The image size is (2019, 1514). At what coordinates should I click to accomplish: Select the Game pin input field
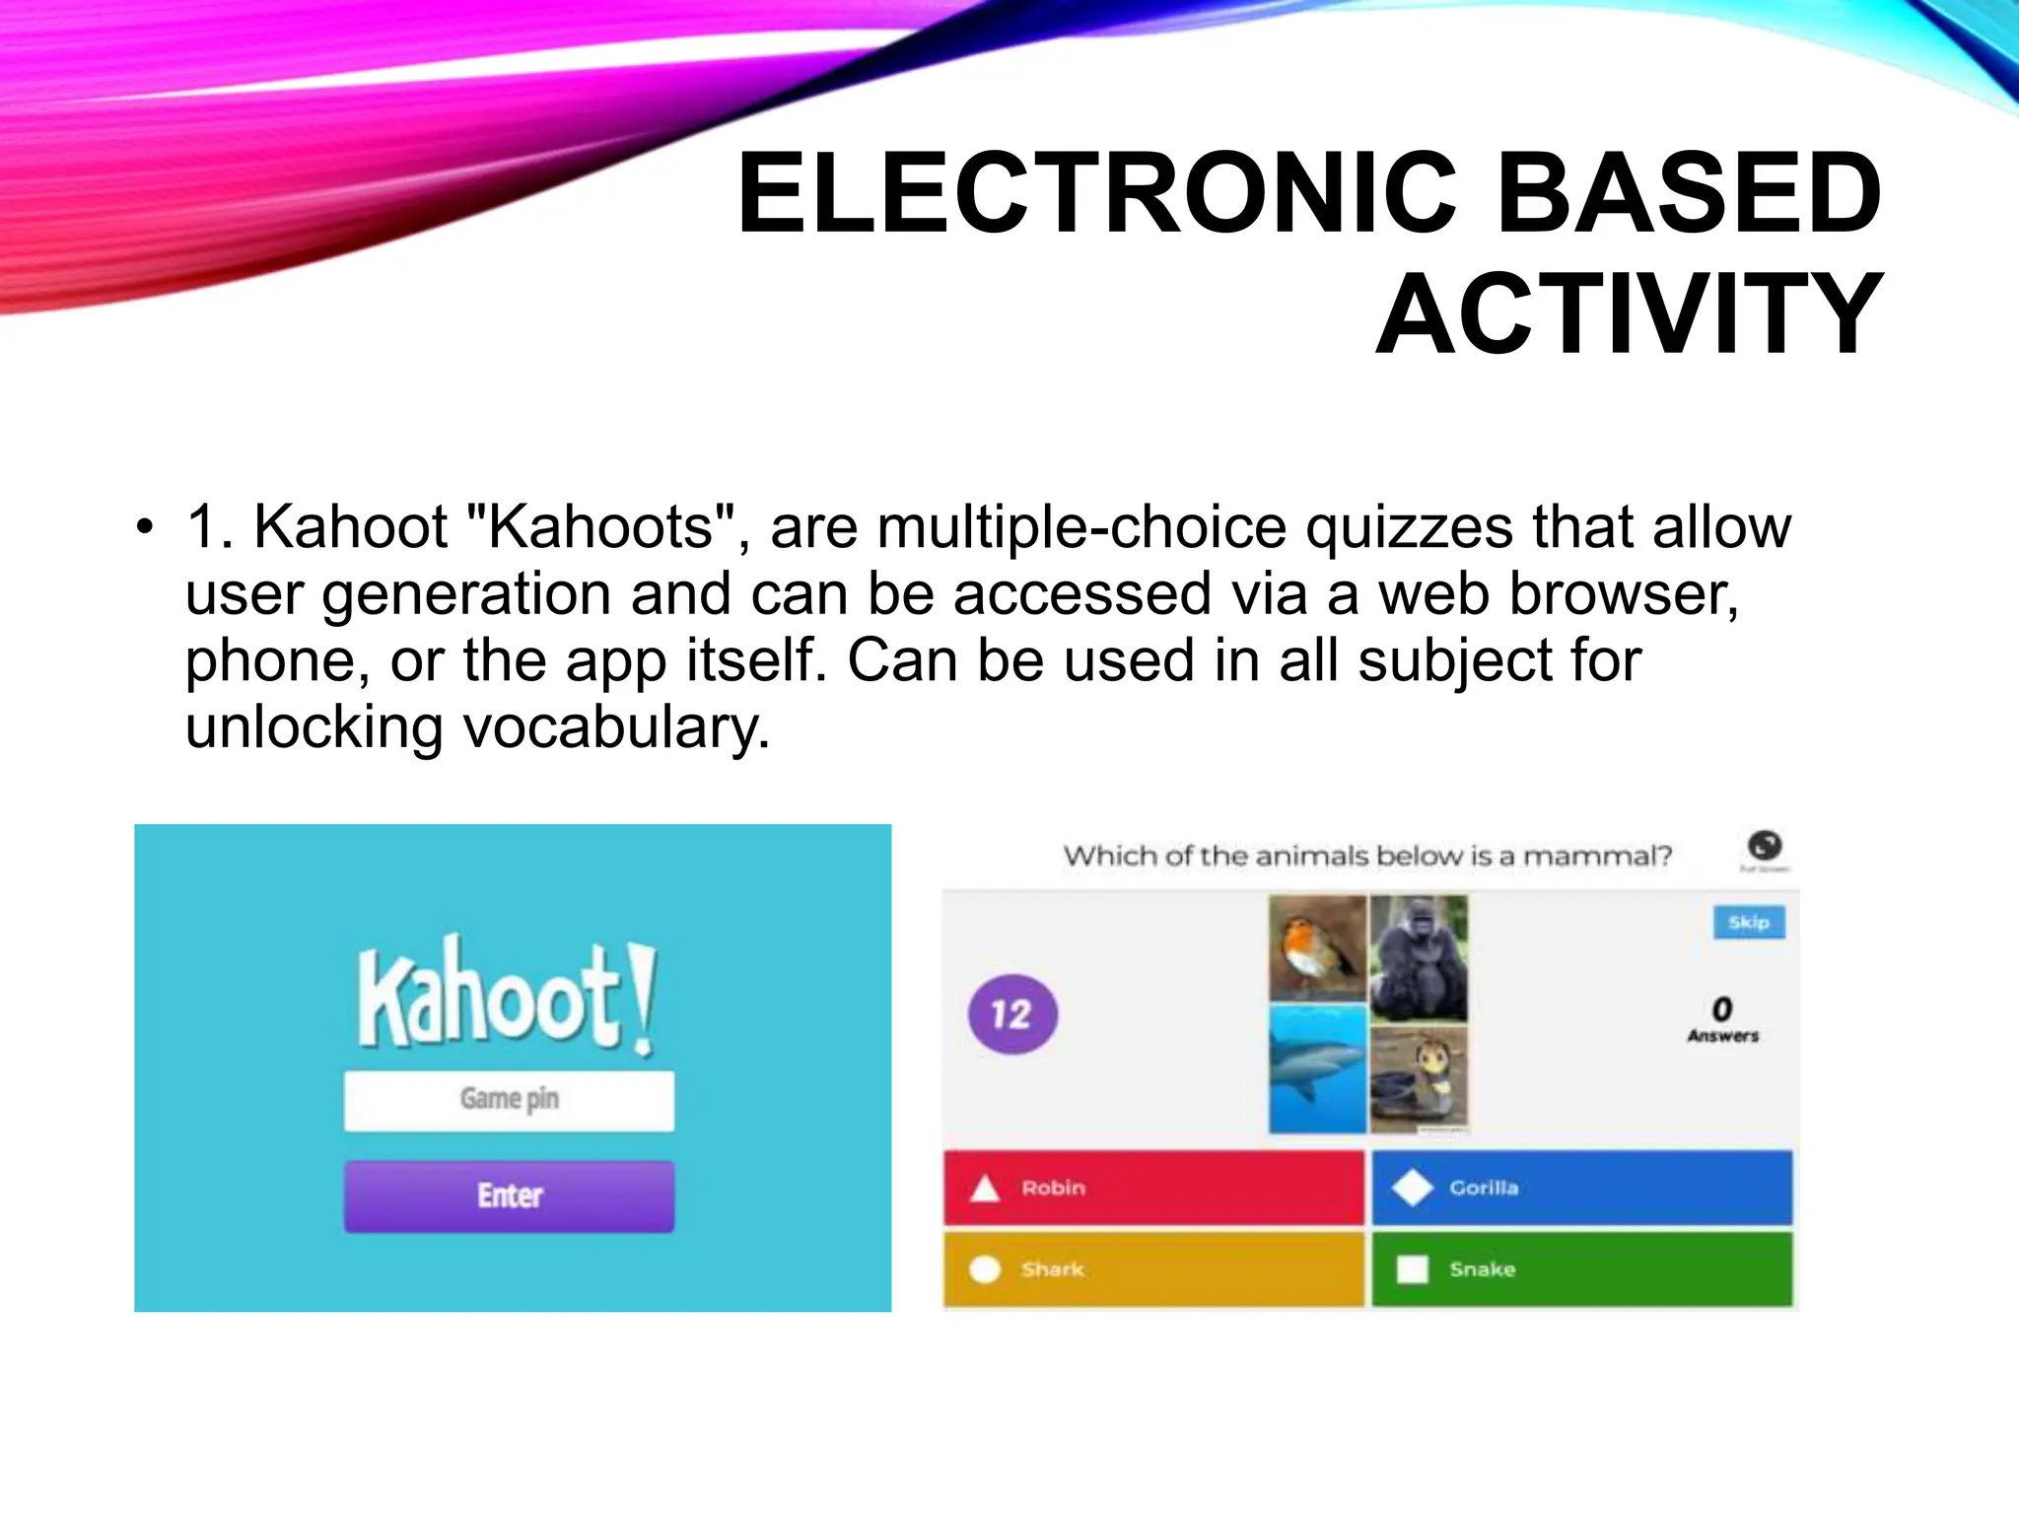click(509, 1100)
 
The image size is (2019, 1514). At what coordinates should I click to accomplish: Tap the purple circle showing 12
click(1012, 1014)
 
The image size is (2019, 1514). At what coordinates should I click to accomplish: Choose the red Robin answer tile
click(1153, 1188)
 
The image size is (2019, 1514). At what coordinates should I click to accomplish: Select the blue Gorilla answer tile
click(1581, 1188)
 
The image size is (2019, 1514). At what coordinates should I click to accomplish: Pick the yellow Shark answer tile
click(1153, 1270)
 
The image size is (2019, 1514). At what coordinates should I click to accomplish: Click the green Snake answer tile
click(1581, 1270)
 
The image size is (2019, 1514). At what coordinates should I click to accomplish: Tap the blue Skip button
click(1749, 923)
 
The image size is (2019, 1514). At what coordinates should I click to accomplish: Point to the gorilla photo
click(1420, 956)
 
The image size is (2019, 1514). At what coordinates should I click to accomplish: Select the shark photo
click(1317, 1068)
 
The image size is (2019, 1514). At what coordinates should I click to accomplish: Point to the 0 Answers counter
click(1722, 1019)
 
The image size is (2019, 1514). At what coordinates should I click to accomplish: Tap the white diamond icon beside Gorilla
click(1412, 1188)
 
